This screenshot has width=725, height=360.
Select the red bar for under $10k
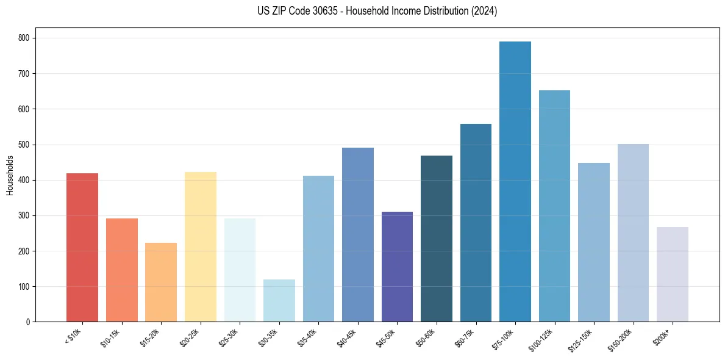tap(82, 247)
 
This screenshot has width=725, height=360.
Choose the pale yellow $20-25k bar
tap(201, 247)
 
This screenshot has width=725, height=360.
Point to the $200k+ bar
tap(673, 275)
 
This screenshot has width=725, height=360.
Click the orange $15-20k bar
tap(161, 282)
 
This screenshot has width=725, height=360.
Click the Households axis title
tap(10, 175)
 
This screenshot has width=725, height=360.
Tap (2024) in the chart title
tap(484, 11)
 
